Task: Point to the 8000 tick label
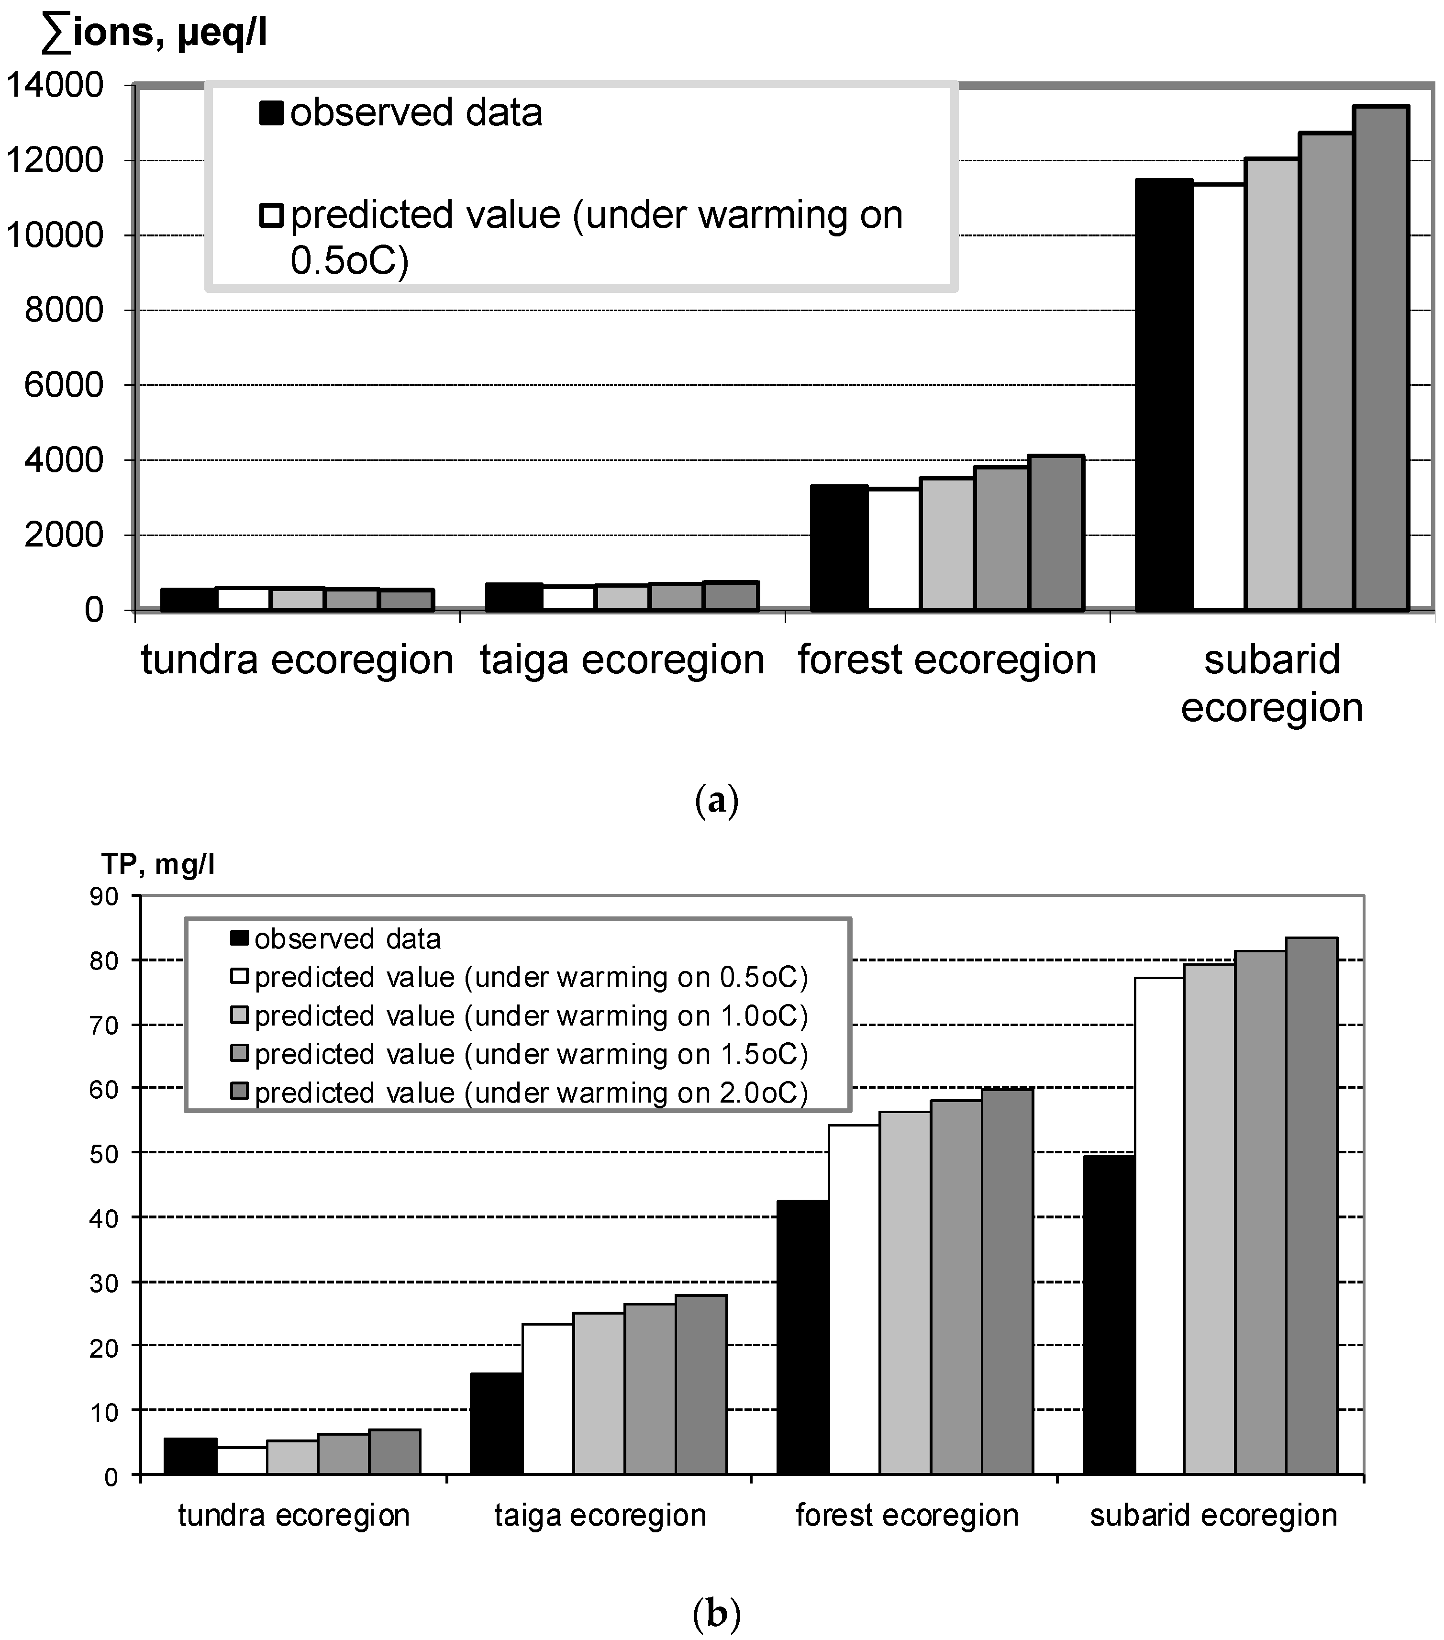point(64,311)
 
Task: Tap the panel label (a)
point(716,801)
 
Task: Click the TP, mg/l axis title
point(158,864)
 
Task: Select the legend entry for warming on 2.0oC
point(530,1093)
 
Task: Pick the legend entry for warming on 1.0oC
point(530,1016)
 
